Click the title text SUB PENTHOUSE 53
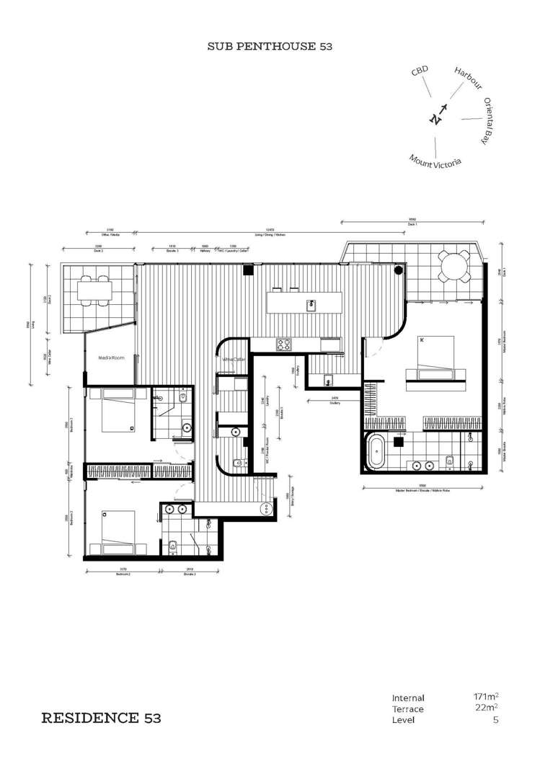[x=269, y=46]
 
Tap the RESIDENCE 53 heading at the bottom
[x=101, y=718]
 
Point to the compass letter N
[x=435, y=119]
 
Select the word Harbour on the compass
[x=468, y=77]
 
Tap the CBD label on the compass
[x=420, y=72]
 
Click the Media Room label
[x=112, y=357]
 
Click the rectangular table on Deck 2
[x=95, y=291]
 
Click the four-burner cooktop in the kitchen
[x=283, y=345]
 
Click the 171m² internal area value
[x=487, y=697]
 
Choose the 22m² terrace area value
[x=489, y=709]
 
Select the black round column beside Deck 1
[x=398, y=271]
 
